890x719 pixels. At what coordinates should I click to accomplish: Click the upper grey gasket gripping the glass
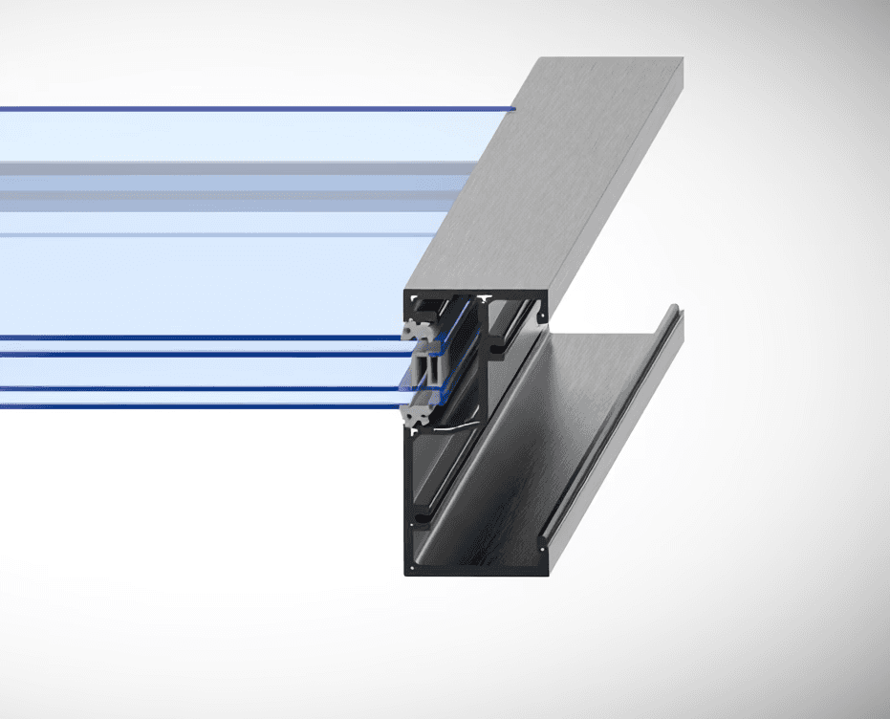pos(417,327)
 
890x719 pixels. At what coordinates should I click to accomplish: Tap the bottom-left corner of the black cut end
pos(407,574)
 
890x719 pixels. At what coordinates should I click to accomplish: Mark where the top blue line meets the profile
pos(514,108)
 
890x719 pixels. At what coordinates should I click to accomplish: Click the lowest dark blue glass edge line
pos(191,405)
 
